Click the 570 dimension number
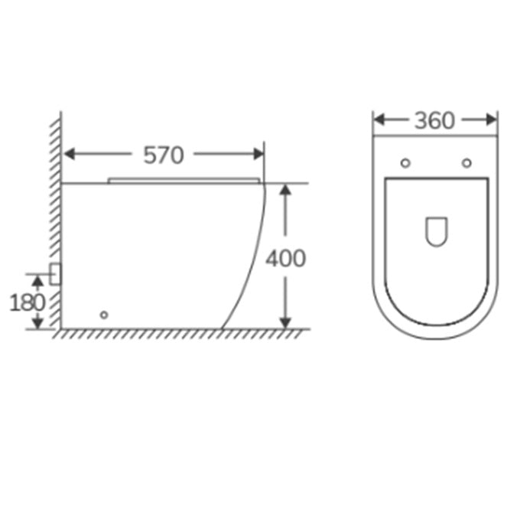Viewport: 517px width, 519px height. coord(164,155)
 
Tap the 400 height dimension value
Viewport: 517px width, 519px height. coord(286,259)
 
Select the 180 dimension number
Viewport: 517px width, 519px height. coord(27,303)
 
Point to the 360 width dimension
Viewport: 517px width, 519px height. coord(435,121)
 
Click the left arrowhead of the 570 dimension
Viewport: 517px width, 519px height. coord(69,154)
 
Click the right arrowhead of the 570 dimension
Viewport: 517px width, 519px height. coord(258,154)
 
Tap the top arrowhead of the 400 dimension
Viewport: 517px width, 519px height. coord(285,190)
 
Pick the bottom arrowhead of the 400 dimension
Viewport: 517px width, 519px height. coord(285,323)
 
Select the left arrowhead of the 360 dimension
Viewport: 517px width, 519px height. coord(379,119)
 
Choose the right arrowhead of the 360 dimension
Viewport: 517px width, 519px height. coord(491,119)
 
